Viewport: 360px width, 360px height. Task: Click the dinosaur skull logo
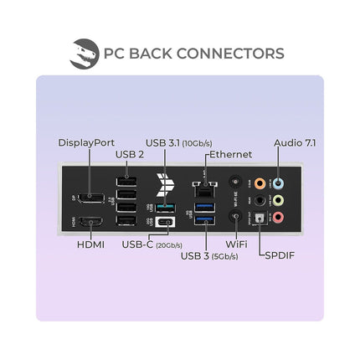(85, 54)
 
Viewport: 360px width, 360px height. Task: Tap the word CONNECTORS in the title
(230, 54)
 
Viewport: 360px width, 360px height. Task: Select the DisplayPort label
(86, 142)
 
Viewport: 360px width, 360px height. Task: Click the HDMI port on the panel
(91, 222)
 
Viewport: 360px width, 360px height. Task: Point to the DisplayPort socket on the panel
(91, 198)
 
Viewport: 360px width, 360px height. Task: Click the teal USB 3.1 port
(165, 208)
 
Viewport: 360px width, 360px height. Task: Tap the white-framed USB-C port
(165, 223)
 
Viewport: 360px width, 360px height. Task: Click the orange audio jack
(260, 183)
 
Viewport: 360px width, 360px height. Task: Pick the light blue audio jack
(278, 183)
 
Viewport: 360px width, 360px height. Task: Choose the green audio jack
(278, 200)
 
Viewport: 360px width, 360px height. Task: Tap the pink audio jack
(278, 217)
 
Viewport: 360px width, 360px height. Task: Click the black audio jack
(260, 200)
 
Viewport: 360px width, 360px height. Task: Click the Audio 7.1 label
(295, 142)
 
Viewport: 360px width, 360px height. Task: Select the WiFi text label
(236, 244)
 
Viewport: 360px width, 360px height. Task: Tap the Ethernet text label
(230, 154)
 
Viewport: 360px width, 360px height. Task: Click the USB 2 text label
(130, 154)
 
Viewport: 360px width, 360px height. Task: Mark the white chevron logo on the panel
(165, 184)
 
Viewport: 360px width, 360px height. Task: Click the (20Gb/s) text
(169, 245)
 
